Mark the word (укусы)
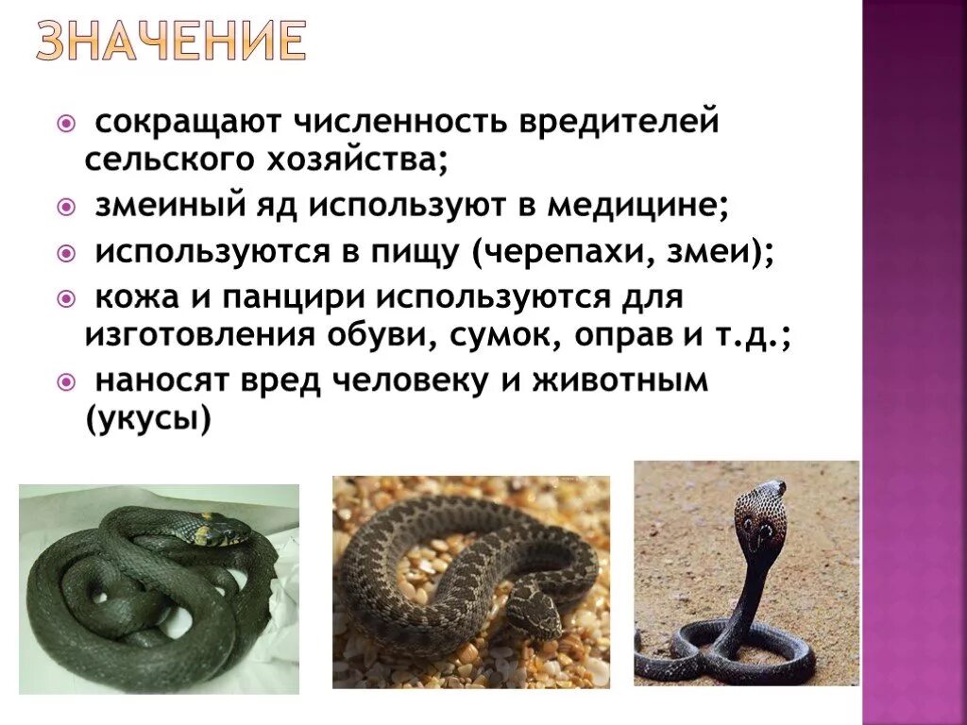coord(148,417)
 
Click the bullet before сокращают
coord(65,123)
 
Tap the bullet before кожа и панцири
coord(65,300)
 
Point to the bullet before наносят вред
coord(65,382)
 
